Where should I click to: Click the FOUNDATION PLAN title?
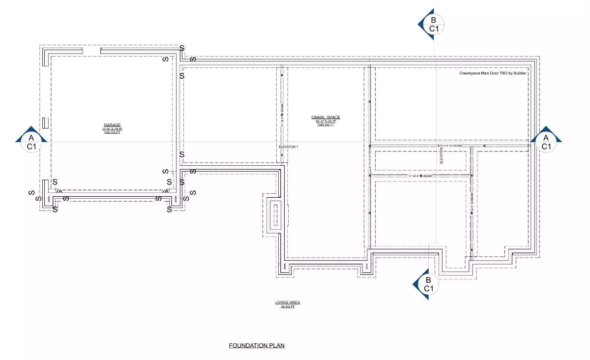(257, 346)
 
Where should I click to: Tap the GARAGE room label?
(112, 125)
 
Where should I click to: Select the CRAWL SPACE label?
(325, 117)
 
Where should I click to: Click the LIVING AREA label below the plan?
(288, 302)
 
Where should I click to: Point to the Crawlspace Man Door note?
(493, 73)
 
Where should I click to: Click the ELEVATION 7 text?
(289, 147)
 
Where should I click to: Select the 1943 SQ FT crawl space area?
(325, 125)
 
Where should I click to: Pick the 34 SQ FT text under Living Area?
(288, 306)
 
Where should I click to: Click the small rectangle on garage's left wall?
(44, 122)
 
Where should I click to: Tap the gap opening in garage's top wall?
(91, 50)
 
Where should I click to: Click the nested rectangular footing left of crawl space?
(275, 214)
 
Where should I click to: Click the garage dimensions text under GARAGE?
(112, 129)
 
